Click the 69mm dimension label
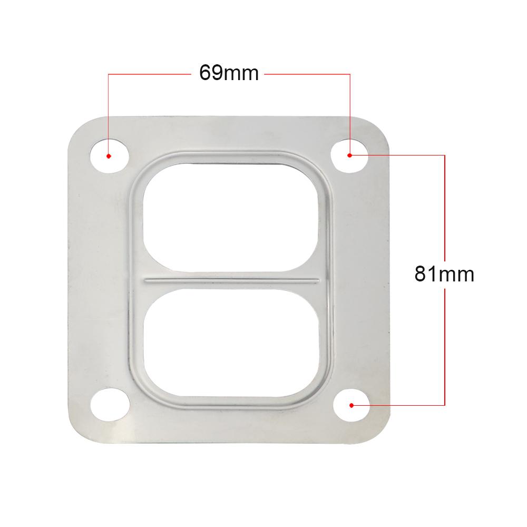click(x=229, y=73)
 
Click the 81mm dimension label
click(x=444, y=274)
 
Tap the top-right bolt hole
click(x=350, y=154)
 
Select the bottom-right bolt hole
click(x=352, y=405)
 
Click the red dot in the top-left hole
click(x=108, y=156)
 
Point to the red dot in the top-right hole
click(x=349, y=155)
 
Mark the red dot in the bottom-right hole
click(x=352, y=405)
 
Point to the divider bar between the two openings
click(x=232, y=279)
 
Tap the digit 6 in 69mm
click(x=205, y=73)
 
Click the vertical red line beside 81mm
click(x=445, y=211)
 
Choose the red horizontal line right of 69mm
click(x=306, y=74)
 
